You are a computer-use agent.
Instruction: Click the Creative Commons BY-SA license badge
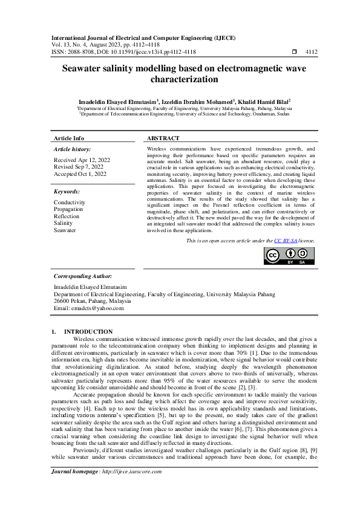pos(289,256)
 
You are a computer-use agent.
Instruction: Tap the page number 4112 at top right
pos(311,53)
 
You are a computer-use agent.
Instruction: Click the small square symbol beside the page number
pos(295,53)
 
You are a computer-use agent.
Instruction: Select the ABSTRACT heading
pos(163,138)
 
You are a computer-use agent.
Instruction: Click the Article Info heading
pos(69,138)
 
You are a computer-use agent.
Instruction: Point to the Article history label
pos(73,148)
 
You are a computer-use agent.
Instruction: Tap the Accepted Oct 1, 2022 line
pos(80,173)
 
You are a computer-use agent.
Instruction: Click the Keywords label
pos(67,190)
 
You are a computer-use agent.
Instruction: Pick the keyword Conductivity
pos(70,203)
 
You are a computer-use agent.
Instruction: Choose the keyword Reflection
pos(67,216)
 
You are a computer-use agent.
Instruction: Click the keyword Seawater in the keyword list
pos(65,230)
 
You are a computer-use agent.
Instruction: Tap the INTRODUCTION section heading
pos(88,331)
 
